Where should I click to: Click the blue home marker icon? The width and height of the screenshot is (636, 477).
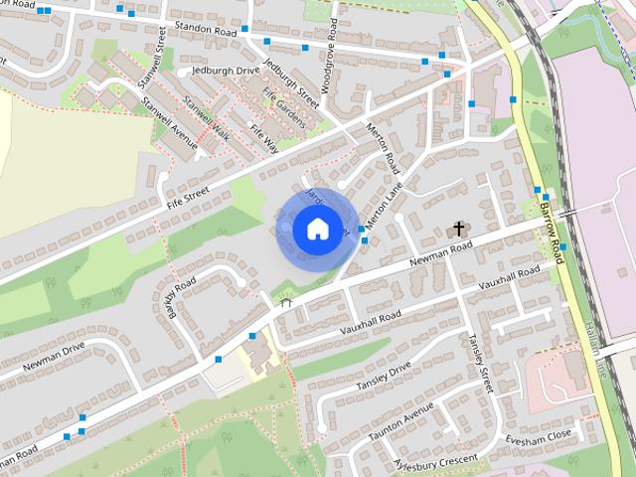point(317,229)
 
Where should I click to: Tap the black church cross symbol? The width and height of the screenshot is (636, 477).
point(458,229)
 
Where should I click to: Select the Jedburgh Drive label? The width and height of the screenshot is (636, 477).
point(226,72)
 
